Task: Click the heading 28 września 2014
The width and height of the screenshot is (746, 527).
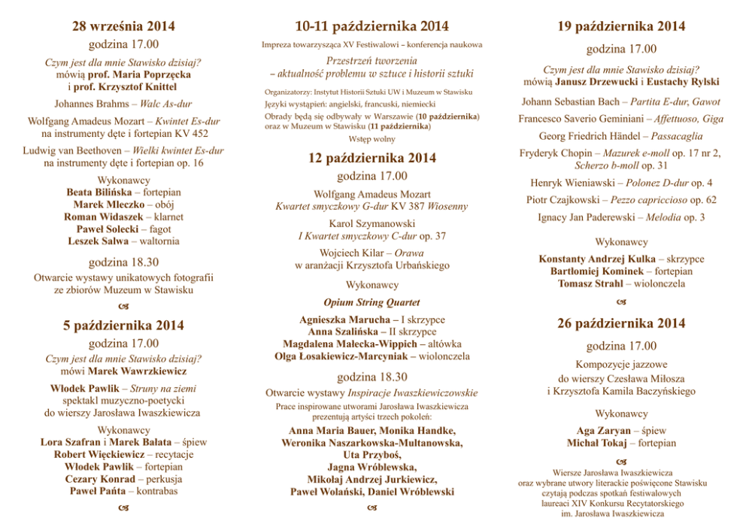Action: click(x=123, y=27)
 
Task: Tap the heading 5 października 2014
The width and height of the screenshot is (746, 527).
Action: click(x=123, y=326)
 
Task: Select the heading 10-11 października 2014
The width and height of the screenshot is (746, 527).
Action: click(x=372, y=27)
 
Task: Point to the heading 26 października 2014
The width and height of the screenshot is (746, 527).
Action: click(x=621, y=324)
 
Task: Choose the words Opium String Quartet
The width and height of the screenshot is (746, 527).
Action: click(x=371, y=303)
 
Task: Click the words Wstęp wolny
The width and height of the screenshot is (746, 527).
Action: click(x=371, y=140)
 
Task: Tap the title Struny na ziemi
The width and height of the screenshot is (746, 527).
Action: click(x=163, y=389)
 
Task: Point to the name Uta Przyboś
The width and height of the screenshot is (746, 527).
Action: click(x=371, y=456)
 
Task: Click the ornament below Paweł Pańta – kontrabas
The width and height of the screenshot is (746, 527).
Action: click(x=123, y=510)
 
